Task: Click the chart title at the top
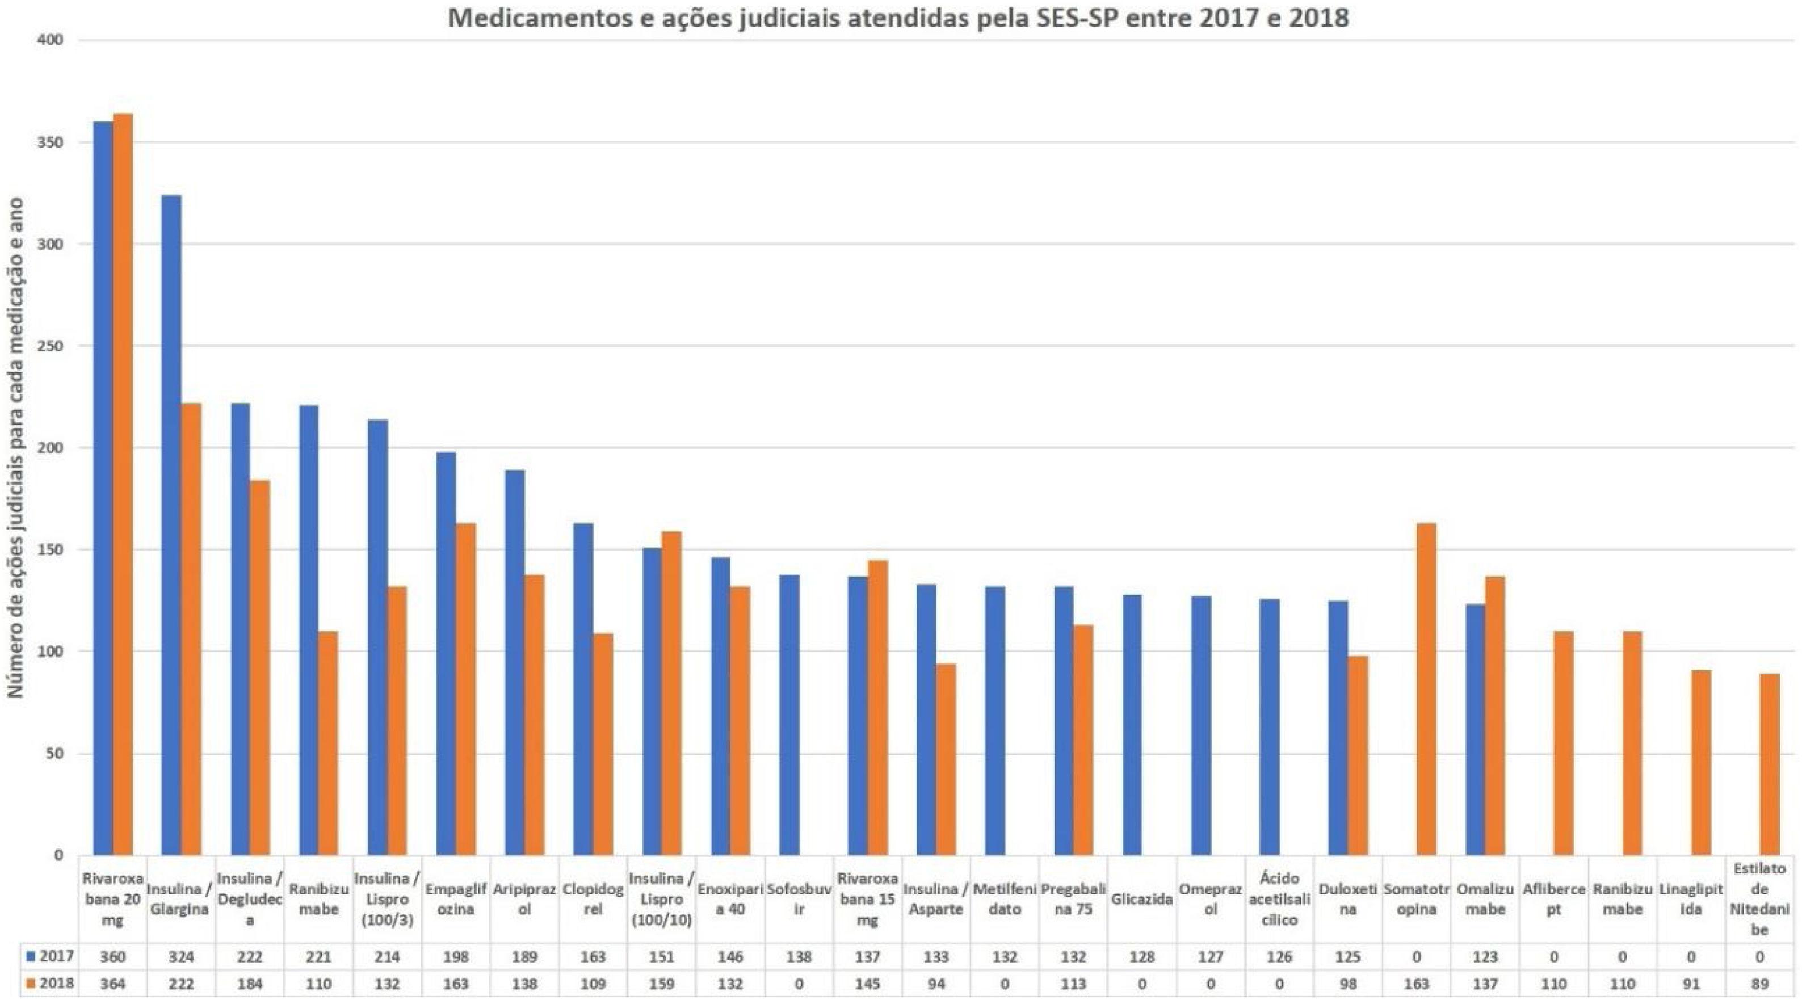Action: click(x=898, y=18)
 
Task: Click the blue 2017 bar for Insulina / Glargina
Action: click(x=171, y=524)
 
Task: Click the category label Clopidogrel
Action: click(x=593, y=900)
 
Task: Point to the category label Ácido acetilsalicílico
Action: click(x=1279, y=900)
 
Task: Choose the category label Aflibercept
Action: click(x=1553, y=900)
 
